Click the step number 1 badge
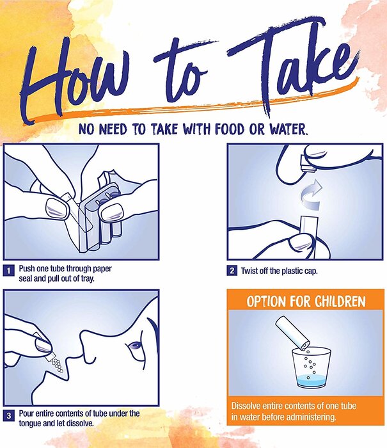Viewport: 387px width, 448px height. pyautogui.click(x=9, y=271)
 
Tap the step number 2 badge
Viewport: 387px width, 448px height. pyautogui.click(x=232, y=271)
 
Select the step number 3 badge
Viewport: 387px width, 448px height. pyautogui.click(x=9, y=415)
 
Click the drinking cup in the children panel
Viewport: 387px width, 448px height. pyautogui.click(x=311, y=367)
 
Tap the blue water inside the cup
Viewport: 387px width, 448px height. pyautogui.click(x=312, y=381)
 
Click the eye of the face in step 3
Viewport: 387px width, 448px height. pyautogui.click(x=134, y=346)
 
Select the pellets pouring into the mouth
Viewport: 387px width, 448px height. pyautogui.click(x=57, y=365)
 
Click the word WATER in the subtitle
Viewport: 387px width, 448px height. pyautogui.click(x=288, y=129)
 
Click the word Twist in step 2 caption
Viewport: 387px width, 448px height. pyautogui.click(x=249, y=271)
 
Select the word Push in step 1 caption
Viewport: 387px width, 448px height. pyautogui.click(x=27, y=269)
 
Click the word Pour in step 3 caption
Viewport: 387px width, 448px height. pyautogui.click(x=26, y=413)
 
